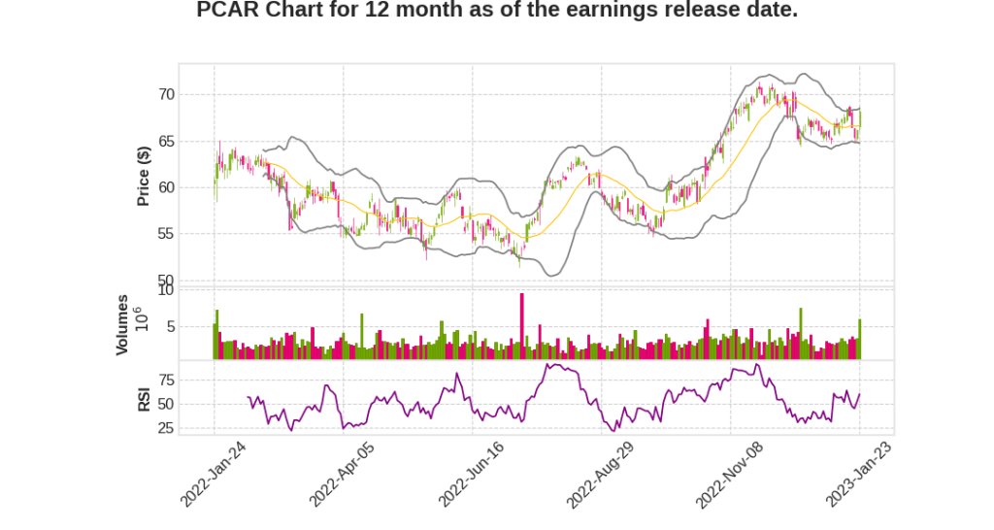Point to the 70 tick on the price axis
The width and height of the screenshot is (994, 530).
[166, 94]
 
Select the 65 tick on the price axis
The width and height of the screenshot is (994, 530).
[166, 141]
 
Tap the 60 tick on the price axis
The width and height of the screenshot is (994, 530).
[166, 187]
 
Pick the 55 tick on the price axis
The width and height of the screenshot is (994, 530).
[166, 234]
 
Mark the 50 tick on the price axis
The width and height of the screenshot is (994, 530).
[166, 281]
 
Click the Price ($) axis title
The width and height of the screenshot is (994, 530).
[144, 176]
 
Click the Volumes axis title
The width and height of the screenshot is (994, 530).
[122, 324]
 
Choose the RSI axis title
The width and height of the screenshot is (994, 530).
[144, 398]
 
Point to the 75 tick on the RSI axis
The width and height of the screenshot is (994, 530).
[166, 380]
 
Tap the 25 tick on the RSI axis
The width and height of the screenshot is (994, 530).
[166, 428]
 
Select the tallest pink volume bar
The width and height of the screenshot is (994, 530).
[521, 326]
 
